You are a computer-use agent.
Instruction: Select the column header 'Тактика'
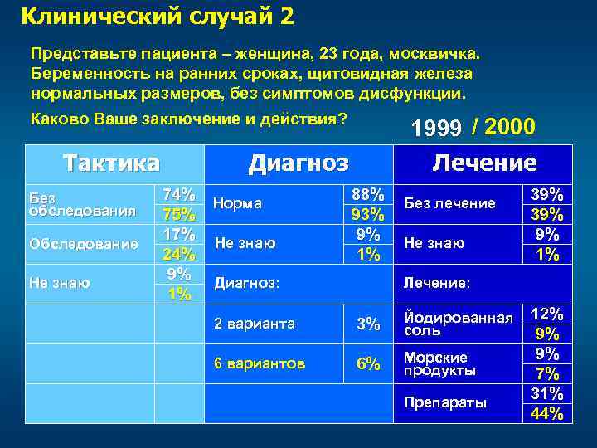click(113, 163)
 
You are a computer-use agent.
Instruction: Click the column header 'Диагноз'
click(298, 163)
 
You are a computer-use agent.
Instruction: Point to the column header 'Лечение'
click(484, 163)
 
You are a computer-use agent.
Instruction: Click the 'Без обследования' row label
click(82, 204)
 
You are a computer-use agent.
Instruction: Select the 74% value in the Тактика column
click(179, 194)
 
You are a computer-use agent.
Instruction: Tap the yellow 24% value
click(179, 254)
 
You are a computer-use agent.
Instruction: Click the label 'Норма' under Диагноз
click(237, 203)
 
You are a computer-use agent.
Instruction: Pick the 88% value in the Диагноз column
click(367, 194)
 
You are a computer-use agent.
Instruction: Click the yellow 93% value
click(367, 214)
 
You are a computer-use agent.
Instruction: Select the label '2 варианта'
click(255, 324)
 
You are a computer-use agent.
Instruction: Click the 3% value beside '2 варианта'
click(367, 324)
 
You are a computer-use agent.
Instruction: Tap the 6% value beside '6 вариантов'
click(367, 363)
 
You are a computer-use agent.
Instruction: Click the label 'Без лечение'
click(449, 203)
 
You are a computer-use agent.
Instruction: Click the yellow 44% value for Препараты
click(546, 413)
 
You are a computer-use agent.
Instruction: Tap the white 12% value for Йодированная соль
click(546, 314)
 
